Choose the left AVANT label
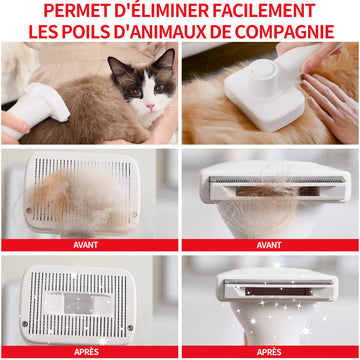tap(89, 244)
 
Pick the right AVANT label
tap(269, 244)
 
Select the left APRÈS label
tap(89, 352)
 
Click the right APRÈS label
tap(269, 352)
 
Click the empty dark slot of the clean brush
tap(271, 290)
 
